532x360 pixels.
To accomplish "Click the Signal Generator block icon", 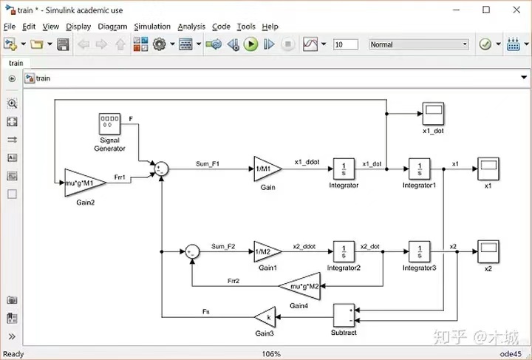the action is coord(109,124).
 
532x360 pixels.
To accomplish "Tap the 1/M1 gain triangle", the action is coord(267,169).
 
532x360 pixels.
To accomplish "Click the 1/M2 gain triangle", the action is coord(267,251).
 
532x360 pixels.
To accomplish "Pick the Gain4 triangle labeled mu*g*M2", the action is coord(300,286).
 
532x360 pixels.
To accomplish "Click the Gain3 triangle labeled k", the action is coord(265,317).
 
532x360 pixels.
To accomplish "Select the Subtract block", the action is coord(344,315).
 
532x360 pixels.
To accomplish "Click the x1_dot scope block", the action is coord(433,114).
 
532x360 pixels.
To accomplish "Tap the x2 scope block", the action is coord(488,251).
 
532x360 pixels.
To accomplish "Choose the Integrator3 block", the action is coord(420,251).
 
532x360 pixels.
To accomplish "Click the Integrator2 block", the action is coord(344,251).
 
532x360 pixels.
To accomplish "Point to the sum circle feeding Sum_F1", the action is coord(161,169).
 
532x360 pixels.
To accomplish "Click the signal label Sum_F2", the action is coord(223,246).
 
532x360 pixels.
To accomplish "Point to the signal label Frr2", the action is coord(233,281).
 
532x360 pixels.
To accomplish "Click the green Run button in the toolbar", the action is coord(250,44).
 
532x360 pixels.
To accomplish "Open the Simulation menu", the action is coord(152,27).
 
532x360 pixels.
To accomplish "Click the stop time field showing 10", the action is coord(346,44).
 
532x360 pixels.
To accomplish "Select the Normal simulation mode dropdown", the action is coord(419,44).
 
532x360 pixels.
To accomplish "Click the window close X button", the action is coord(516,10).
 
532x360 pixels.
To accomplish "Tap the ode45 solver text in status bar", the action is coord(511,354).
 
